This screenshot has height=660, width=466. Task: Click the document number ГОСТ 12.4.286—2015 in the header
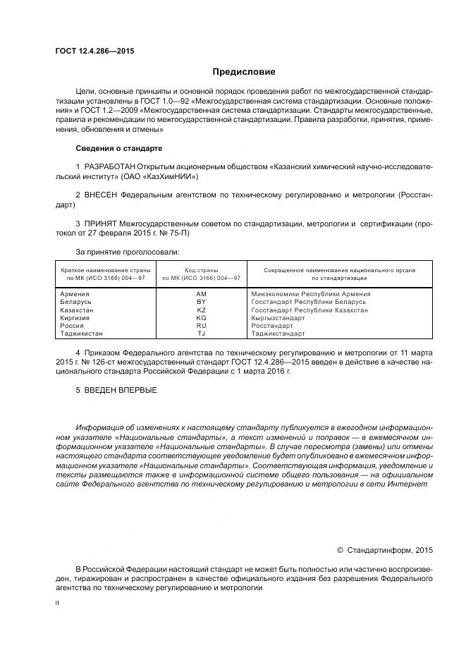coord(94,51)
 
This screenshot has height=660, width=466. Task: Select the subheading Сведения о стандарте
coord(118,149)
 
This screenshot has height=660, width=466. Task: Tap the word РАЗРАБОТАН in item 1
coord(110,166)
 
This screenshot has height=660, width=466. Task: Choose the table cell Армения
coord(75,293)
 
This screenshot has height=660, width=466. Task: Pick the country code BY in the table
coord(201,302)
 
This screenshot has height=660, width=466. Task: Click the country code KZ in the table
coord(201,310)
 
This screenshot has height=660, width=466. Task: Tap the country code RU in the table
coord(201,326)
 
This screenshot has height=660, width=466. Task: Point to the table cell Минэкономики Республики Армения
coord(310,293)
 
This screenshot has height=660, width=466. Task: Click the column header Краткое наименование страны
coord(103,270)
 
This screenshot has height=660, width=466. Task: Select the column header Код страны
coord(201,270)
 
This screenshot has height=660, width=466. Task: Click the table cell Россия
coord(73,326)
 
